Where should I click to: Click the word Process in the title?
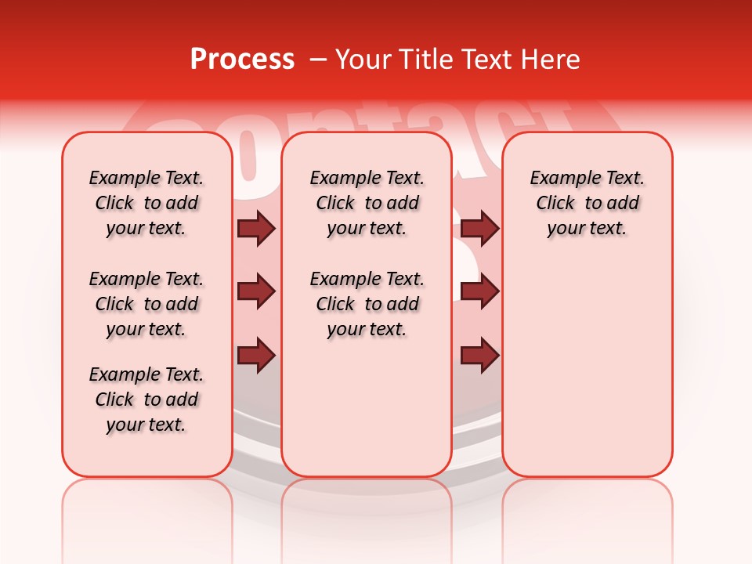click(x=242, y=60)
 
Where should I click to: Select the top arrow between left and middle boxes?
click(x=256, y=228)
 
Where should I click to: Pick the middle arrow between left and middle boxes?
click(x=256, y=291)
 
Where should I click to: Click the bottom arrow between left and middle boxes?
click(x=256, y=356)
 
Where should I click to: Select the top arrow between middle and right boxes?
click(x=480, y=228)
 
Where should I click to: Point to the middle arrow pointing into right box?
click(x=480, y=291)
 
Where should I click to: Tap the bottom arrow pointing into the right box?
click(x=480, y=356)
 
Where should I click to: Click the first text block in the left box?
click(x=146, y=203)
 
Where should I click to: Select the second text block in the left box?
click(x=146, y=304)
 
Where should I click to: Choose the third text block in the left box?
click(x=146, y=399)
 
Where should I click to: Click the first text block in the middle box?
click(x=367, y=203)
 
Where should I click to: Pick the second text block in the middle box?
click(x=367, y=304)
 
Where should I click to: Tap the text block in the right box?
click(x=587, y=203)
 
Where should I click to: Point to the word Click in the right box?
click(x=555, y=204)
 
